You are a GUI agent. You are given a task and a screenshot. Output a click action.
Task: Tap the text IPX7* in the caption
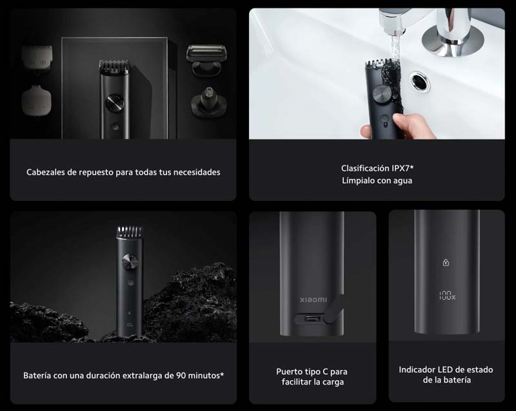tap(399, 168)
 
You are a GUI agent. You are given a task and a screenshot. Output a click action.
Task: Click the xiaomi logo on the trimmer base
tap(313, 300)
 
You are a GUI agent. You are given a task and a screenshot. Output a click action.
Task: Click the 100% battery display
tap(447, 296)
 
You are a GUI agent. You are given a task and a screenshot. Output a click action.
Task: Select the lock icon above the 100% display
tap(445, 263)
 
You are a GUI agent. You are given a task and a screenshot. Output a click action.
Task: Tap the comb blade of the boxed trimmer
tap(114, 65)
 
